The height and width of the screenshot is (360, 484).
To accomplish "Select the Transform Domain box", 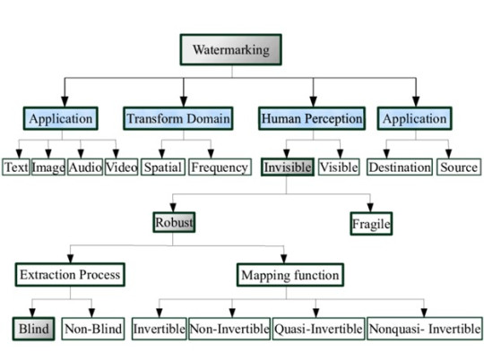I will pyautogui.click(x=179, y=118).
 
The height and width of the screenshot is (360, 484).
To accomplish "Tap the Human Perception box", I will pyautogui.click(x=311, y=118).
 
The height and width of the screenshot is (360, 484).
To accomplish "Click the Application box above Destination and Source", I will pyautogui.click(x=414, y=118).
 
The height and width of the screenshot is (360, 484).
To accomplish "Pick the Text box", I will pyautogui.click(x=16, y=167).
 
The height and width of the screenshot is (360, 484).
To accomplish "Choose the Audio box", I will pyautogui.click(x=86, y=167).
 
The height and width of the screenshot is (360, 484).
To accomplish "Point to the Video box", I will pyautogui.click(x=121, y=167).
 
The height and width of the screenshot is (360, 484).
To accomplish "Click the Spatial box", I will pyautogui.click(x=163, y=167).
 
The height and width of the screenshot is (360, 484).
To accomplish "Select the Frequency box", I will pyautogui.click(x=220, y=167).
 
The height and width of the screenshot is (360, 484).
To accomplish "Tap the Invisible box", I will pyautogui.click(x=287, y=167).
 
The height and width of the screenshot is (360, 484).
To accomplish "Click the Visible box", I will pyautogui.click(x=339, y=167).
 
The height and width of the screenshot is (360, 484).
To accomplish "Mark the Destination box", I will pyautogui.click(x=400, y=167).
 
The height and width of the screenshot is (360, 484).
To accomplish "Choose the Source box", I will pyautogui.click(x=457, y=167).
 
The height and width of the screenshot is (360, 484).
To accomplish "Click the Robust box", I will pyautogui.click(x=174, y=221).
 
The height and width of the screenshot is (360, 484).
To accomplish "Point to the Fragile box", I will pyautogui.click(x=371, y=224).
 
